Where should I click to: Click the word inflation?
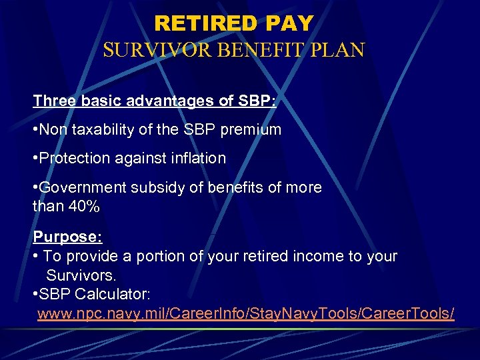[x=195, y=158]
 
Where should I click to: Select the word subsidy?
[x=154, y=187]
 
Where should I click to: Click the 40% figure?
[x=83, y=206]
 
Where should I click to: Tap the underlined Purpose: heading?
[x=67, y=237]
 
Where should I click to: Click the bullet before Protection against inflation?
[x=35, y=159]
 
